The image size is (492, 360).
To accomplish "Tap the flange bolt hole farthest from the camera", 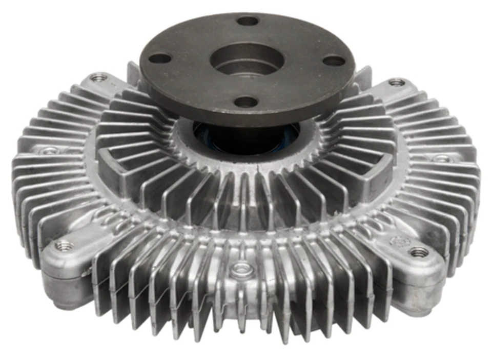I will click(248, 21).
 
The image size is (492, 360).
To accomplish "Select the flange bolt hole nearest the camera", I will click(245, 102).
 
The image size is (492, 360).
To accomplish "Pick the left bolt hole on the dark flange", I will click(160, 58).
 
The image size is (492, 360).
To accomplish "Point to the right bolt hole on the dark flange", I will click(334, 61).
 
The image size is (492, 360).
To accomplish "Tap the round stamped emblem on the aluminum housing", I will click(398, 240).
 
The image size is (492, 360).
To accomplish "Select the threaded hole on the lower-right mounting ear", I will click(419, 252).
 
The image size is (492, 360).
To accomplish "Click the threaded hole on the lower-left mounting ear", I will click(64, 246).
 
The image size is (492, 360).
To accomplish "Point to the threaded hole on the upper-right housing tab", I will click(396, 82).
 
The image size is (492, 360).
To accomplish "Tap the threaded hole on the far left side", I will click(49, 151).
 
